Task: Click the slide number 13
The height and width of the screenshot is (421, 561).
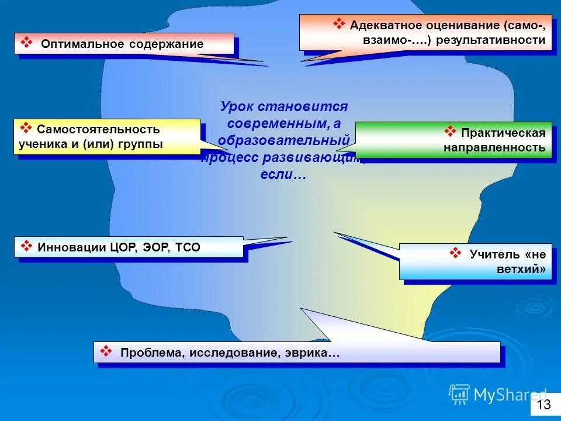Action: point(543,405)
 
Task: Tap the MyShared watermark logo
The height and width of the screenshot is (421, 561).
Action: point(498,395)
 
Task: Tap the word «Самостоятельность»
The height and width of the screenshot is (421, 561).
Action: point(98,129)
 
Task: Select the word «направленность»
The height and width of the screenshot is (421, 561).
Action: point(494,147)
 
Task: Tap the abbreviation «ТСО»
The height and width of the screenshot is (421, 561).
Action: point(187,247)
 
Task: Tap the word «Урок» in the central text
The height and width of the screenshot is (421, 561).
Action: point(237,107)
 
